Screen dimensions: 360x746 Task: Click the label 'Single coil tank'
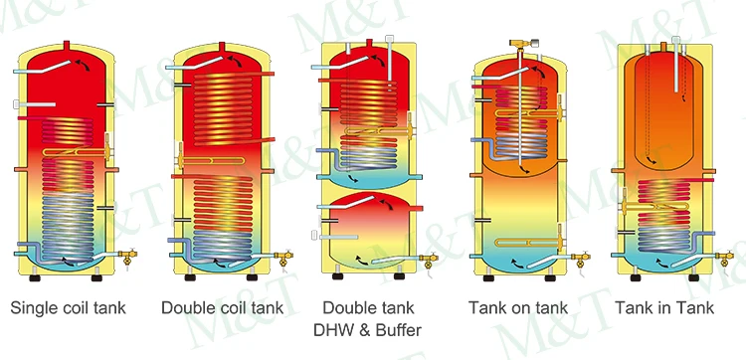(68, 307)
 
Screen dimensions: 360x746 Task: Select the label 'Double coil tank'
(222, 307)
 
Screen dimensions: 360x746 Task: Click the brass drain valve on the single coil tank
(126, 256)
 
